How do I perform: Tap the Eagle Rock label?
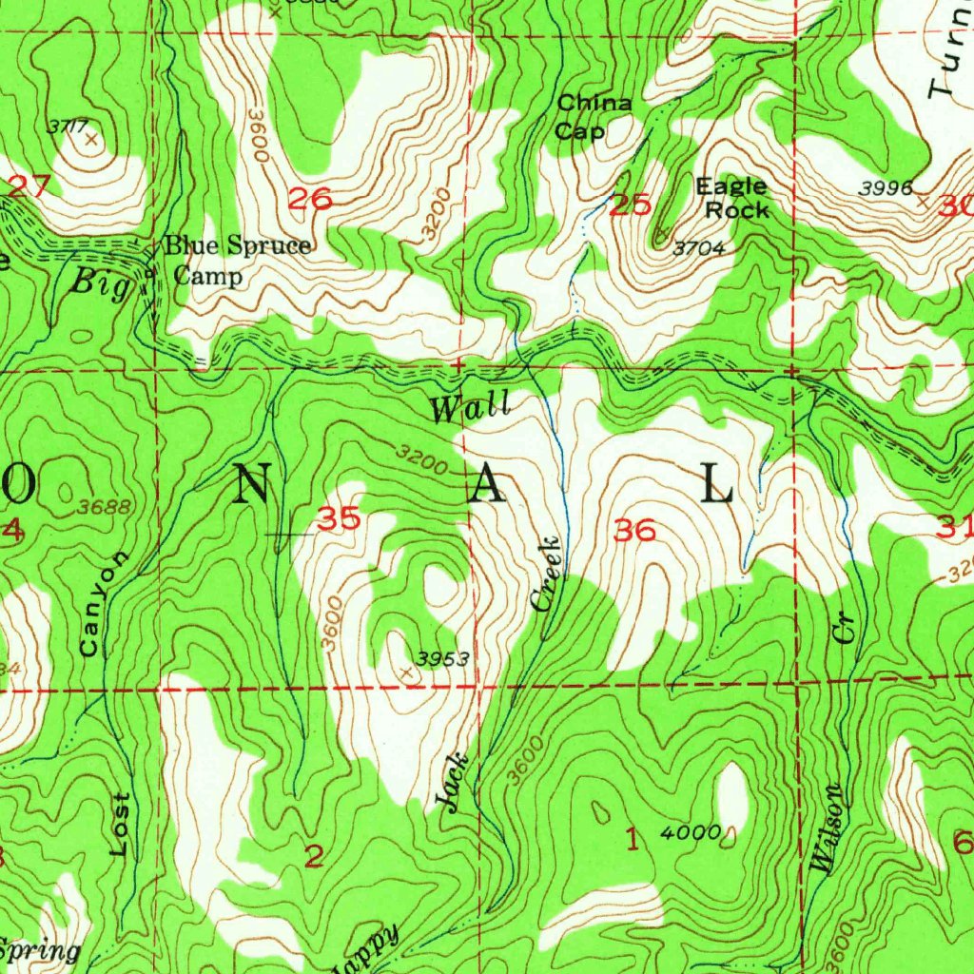click(x=731, y=198)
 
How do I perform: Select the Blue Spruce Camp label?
click(x=237, y=260)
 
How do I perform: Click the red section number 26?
click(x=311, y=199)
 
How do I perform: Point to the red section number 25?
click(x=631, y=205)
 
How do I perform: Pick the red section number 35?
click(x=339, y=519)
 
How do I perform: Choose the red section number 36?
click(x=634, y=531)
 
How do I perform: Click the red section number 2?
click(x=314, y=856)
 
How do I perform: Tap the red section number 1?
click(x=630, y=839)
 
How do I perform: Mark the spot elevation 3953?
click(x=443, y=657)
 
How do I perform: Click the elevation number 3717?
click(x=68, y=126)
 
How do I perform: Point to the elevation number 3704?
click(x=700, y=249)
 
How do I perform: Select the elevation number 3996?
click(x=886, y=188)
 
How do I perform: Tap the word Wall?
click(x=470, y=408)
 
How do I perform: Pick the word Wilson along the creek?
click(x=826, y=827)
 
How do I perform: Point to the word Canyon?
click(x=99, y=604)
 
